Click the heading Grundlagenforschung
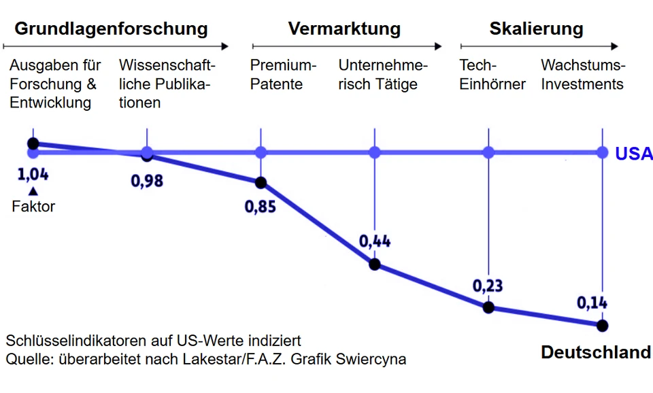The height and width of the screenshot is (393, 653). pos(111,29)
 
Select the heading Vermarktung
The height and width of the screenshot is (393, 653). pos(344,29)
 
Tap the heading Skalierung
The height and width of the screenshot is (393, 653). pos(536,29)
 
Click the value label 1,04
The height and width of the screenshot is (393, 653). pos(33,174)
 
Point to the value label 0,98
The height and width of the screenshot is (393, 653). pos(147,181)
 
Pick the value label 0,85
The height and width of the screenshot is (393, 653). pos(261,205)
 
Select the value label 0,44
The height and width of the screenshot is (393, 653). pos(375,241)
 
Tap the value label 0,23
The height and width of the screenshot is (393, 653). pos(488,285)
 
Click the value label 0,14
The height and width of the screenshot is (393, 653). pos(592,303)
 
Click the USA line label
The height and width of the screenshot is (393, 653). pos(633,154)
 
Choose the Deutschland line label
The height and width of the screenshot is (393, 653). pos(595,352)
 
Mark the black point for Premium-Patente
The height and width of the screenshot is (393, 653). pos(261,182)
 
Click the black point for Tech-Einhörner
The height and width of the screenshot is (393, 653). pos(488,307)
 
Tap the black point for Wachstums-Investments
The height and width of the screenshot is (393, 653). pos(602,325)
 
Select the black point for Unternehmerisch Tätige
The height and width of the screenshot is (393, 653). pos(375,264)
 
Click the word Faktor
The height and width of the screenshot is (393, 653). pos(33,207)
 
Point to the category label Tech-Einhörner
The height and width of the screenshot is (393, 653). pos(492,75)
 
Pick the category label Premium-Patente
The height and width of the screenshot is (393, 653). pos(284,75)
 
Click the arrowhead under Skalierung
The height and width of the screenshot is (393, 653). pos(615,47)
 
